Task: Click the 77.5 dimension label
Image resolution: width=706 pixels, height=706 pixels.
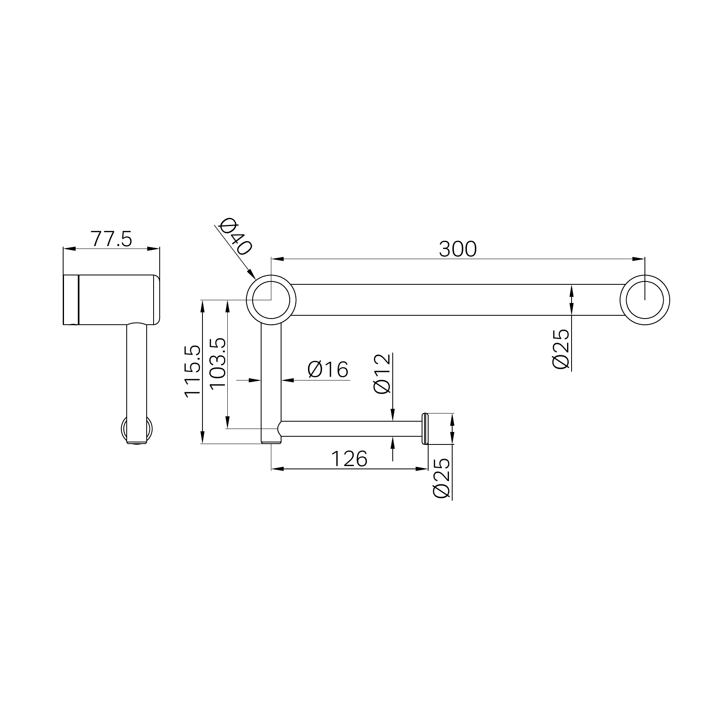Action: click(111, 239)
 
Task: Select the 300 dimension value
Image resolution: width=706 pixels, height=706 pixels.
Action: click(457, 249)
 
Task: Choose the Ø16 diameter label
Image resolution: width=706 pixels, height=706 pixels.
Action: click(328, 369)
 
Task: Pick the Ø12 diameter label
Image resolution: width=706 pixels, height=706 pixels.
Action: click(382, 374)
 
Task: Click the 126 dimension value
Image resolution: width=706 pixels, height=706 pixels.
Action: click(349, 459)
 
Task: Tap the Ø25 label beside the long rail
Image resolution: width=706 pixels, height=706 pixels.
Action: click(561, 349)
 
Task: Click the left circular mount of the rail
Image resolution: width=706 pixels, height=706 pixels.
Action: click(271, 300)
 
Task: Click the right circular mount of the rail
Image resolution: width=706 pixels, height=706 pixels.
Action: click(644, 300)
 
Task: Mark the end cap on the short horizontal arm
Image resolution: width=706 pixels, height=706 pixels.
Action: click(424, 429)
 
